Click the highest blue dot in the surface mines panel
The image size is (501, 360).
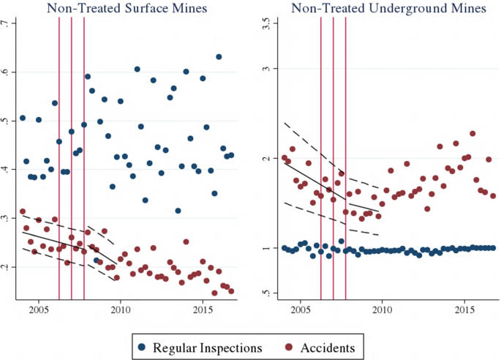pos(219,57)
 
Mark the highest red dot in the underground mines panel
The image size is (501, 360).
pos(472,134)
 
